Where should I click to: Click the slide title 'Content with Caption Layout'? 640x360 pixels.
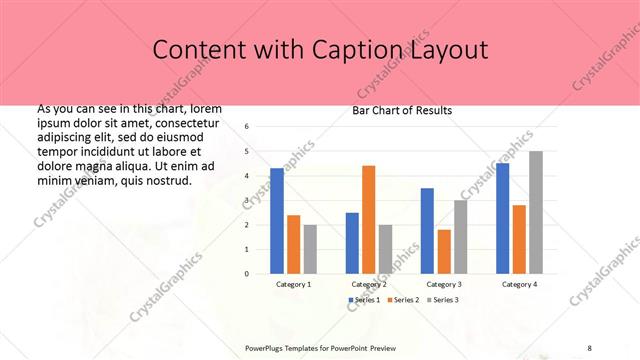tap(320, 49)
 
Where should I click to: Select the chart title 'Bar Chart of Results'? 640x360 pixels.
tap(402, 110)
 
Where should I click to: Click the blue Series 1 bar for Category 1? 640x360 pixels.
tap(277, 220)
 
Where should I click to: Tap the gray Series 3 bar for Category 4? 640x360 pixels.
tap(536, 212)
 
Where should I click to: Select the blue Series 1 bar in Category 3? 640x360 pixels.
tap(427, 230)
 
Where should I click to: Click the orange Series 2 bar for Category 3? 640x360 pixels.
tap(444, 251)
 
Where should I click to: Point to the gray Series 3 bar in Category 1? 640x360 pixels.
tap(310, 248)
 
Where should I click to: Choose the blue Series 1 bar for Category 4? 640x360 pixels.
tap(502, 218)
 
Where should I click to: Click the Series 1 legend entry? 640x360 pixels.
tap(364, 300)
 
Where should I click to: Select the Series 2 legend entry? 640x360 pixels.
tap(403, 300)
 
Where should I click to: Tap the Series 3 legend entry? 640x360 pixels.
tap(443, 300)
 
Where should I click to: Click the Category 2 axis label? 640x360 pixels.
tap(369, 284)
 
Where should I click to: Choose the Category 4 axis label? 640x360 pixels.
tap(519, 284)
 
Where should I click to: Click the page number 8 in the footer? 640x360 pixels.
tap(589, 347)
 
